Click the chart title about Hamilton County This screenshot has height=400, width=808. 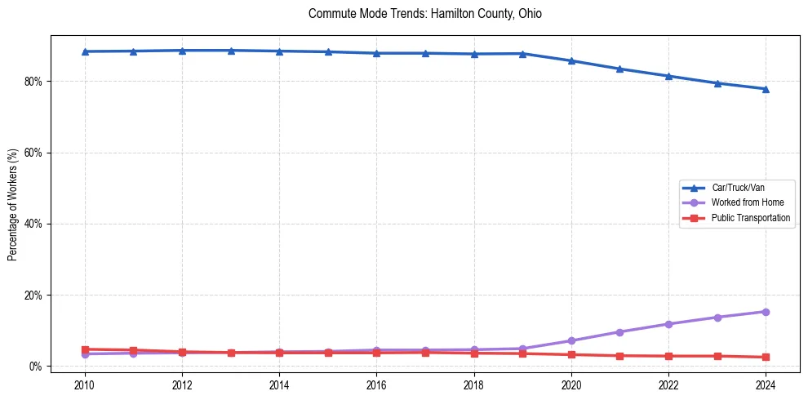pyautogui.click(x=424, y=14)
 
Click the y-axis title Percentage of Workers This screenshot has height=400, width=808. pyautogui.click(x=12, y=204)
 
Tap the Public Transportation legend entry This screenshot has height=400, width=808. pyautogui.click(x=750, y=218)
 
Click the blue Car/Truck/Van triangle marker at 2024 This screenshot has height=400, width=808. pyautogui.click(x=766, y=89)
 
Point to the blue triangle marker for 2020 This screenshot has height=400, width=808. pyautogui.click(x=571, y=60)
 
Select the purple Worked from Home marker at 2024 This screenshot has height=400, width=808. pyautogui.click(x=766, y=312)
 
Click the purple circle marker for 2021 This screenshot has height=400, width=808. pyautogui.click(x=619, y=332)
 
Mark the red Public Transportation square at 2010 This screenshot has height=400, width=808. pyautogui.click(x=85, y=349)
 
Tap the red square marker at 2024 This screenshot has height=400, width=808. pyautogui.click(x=766, y=357)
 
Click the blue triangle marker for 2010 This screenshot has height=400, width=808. pyautogui.click(x=85, y=51)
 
